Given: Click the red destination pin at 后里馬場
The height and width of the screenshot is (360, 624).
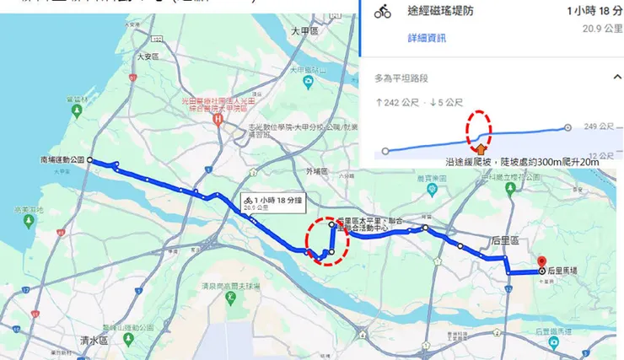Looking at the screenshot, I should (x=542, y=261).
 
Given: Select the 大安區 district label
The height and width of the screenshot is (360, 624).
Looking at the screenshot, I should (x=148, y=57).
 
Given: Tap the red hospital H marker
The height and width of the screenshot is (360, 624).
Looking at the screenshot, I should (x=218, y=120).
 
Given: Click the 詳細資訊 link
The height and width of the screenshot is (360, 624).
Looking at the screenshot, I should (x=427, y=39).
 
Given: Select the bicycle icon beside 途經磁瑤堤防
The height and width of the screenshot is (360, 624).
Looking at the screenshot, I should (x=383, y=12).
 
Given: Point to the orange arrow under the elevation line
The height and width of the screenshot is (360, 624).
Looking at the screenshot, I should (x=481, y=151).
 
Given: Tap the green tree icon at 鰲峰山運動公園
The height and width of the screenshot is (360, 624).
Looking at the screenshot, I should (x=128, y=338).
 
